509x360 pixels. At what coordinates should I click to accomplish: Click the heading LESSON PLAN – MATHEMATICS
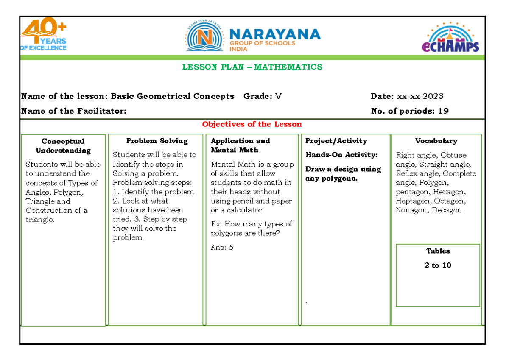click(252, 67)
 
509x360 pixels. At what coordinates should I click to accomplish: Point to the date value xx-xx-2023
click(420, 96)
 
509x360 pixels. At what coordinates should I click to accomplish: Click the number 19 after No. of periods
click(443, 111)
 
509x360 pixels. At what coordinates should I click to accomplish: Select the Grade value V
click(278, 96)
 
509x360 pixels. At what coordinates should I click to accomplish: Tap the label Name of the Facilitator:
click(74, 111)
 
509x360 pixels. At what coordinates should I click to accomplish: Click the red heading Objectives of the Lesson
click(252, 124)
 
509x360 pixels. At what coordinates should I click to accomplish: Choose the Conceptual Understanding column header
click(63, 146)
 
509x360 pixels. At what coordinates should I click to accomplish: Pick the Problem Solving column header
click(157, 141)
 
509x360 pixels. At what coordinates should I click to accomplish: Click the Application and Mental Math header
click(240, 145)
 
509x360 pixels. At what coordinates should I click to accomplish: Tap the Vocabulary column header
click(436, 141)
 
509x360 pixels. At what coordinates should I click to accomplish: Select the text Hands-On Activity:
click(341, 155)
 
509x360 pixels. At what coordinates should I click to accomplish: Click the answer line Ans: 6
click(222, 248)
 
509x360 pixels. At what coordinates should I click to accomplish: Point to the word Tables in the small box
click(438, 251)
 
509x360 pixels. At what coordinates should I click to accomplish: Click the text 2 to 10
click(438, 265)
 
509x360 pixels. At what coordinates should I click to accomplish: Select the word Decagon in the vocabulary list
click(448, 210)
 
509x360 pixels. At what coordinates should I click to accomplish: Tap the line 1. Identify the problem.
click(154, 192)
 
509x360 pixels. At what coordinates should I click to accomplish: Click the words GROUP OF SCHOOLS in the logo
click(263, 43)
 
